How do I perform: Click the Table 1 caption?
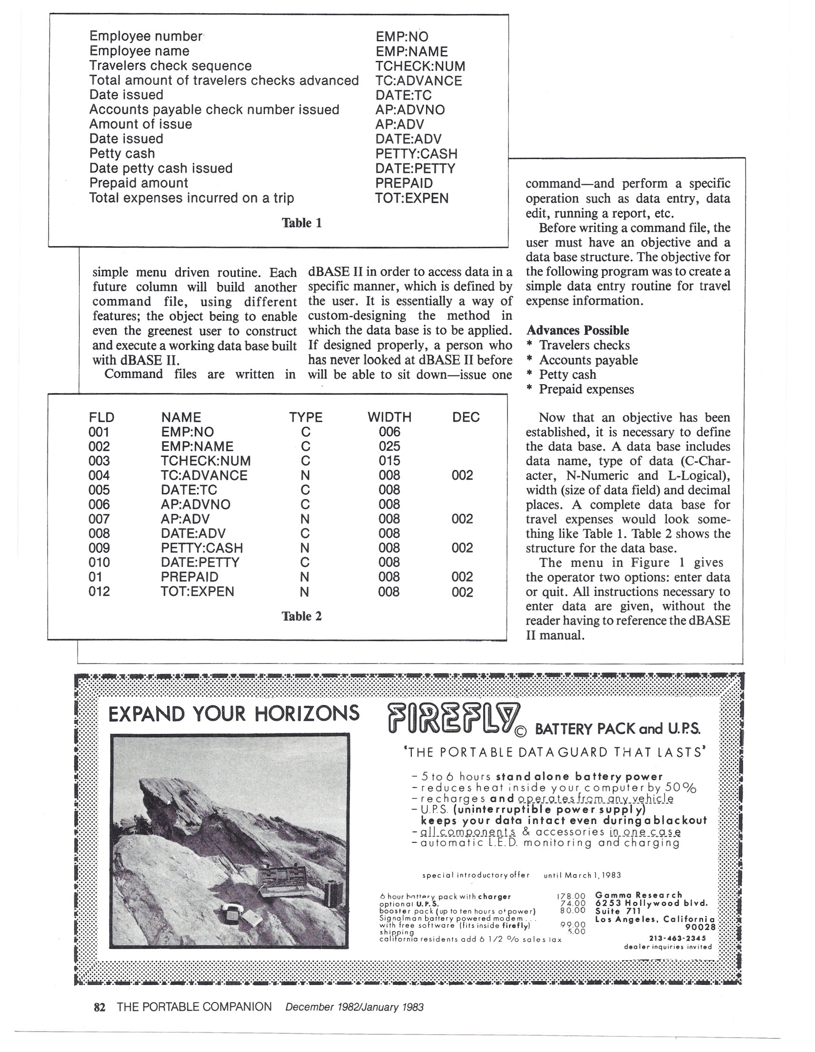coord(301,223)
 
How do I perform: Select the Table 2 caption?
coord(301,616)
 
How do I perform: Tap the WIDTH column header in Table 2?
coord(389,417)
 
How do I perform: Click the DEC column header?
coord(466,417)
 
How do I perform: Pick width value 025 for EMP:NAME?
coord(389,446)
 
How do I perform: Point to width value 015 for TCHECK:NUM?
coord(389,460)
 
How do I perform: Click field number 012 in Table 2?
coord(99,591)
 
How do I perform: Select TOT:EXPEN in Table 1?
coord(412,198)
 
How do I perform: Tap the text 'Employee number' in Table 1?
coord(146,36)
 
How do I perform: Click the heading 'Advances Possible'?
coord(577,330)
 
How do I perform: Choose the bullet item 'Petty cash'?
coord(567,374)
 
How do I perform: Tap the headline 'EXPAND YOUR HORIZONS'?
coord(234,714)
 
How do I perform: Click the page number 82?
coord(99,1007)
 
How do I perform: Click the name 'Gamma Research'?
coord(639,895)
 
